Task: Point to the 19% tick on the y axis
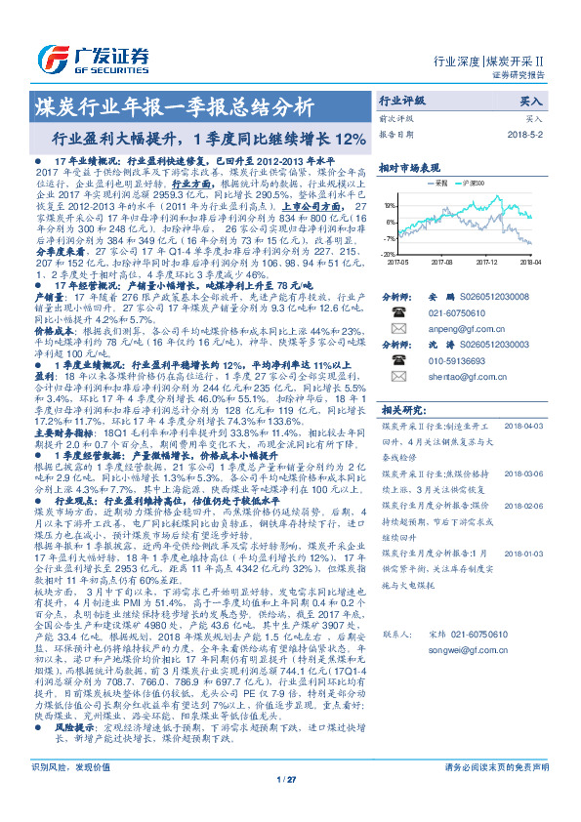click(390, 206)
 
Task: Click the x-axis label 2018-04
click(531, 262)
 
